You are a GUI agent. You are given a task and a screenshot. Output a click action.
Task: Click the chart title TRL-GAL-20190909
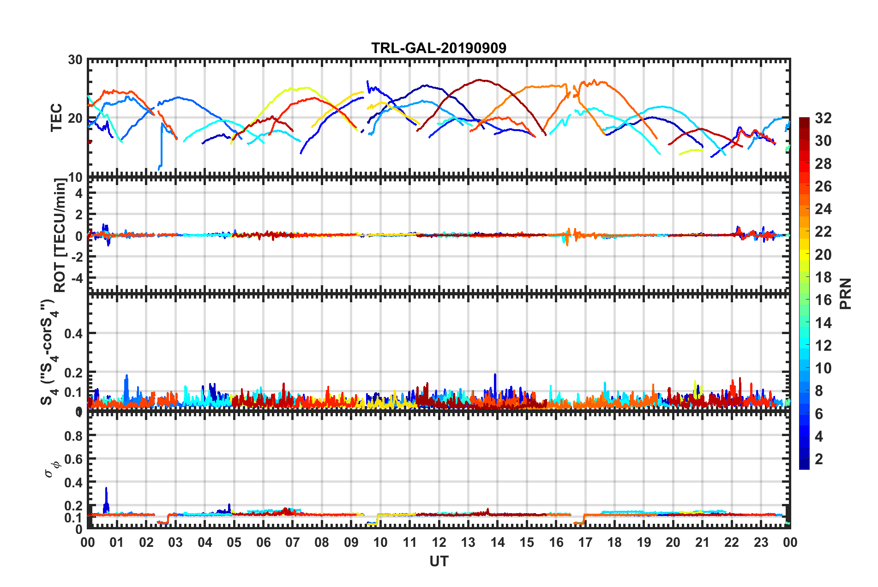tap(439, 48)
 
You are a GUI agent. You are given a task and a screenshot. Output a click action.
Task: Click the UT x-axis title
tap(439, 561)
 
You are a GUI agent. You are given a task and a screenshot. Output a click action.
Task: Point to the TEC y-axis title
tap(56, 118)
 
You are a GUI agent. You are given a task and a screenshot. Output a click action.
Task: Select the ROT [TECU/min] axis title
tap(60, 235)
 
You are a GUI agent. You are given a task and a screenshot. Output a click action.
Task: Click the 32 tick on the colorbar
tap(823, 118)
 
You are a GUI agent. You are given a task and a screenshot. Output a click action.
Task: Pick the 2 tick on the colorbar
tap(819, 459)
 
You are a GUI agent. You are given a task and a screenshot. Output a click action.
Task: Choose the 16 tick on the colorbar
tap(823, 300)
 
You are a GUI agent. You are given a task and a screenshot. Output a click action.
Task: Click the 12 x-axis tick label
tap(439, 542)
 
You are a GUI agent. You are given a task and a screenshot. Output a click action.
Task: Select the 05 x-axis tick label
tap(234, 542)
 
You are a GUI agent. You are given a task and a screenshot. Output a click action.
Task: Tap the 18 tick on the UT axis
tap(614, 542)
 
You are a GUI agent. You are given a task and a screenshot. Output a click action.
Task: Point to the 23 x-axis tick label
tap(761, 542)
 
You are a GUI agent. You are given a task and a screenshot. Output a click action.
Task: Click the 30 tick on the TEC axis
tap(75, 60)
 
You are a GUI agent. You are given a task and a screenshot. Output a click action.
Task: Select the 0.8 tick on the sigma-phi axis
tap(74, 436)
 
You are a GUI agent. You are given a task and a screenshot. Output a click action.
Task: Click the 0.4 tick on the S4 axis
tap(74, 333)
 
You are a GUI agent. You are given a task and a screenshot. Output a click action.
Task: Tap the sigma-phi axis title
tap(52, 467)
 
